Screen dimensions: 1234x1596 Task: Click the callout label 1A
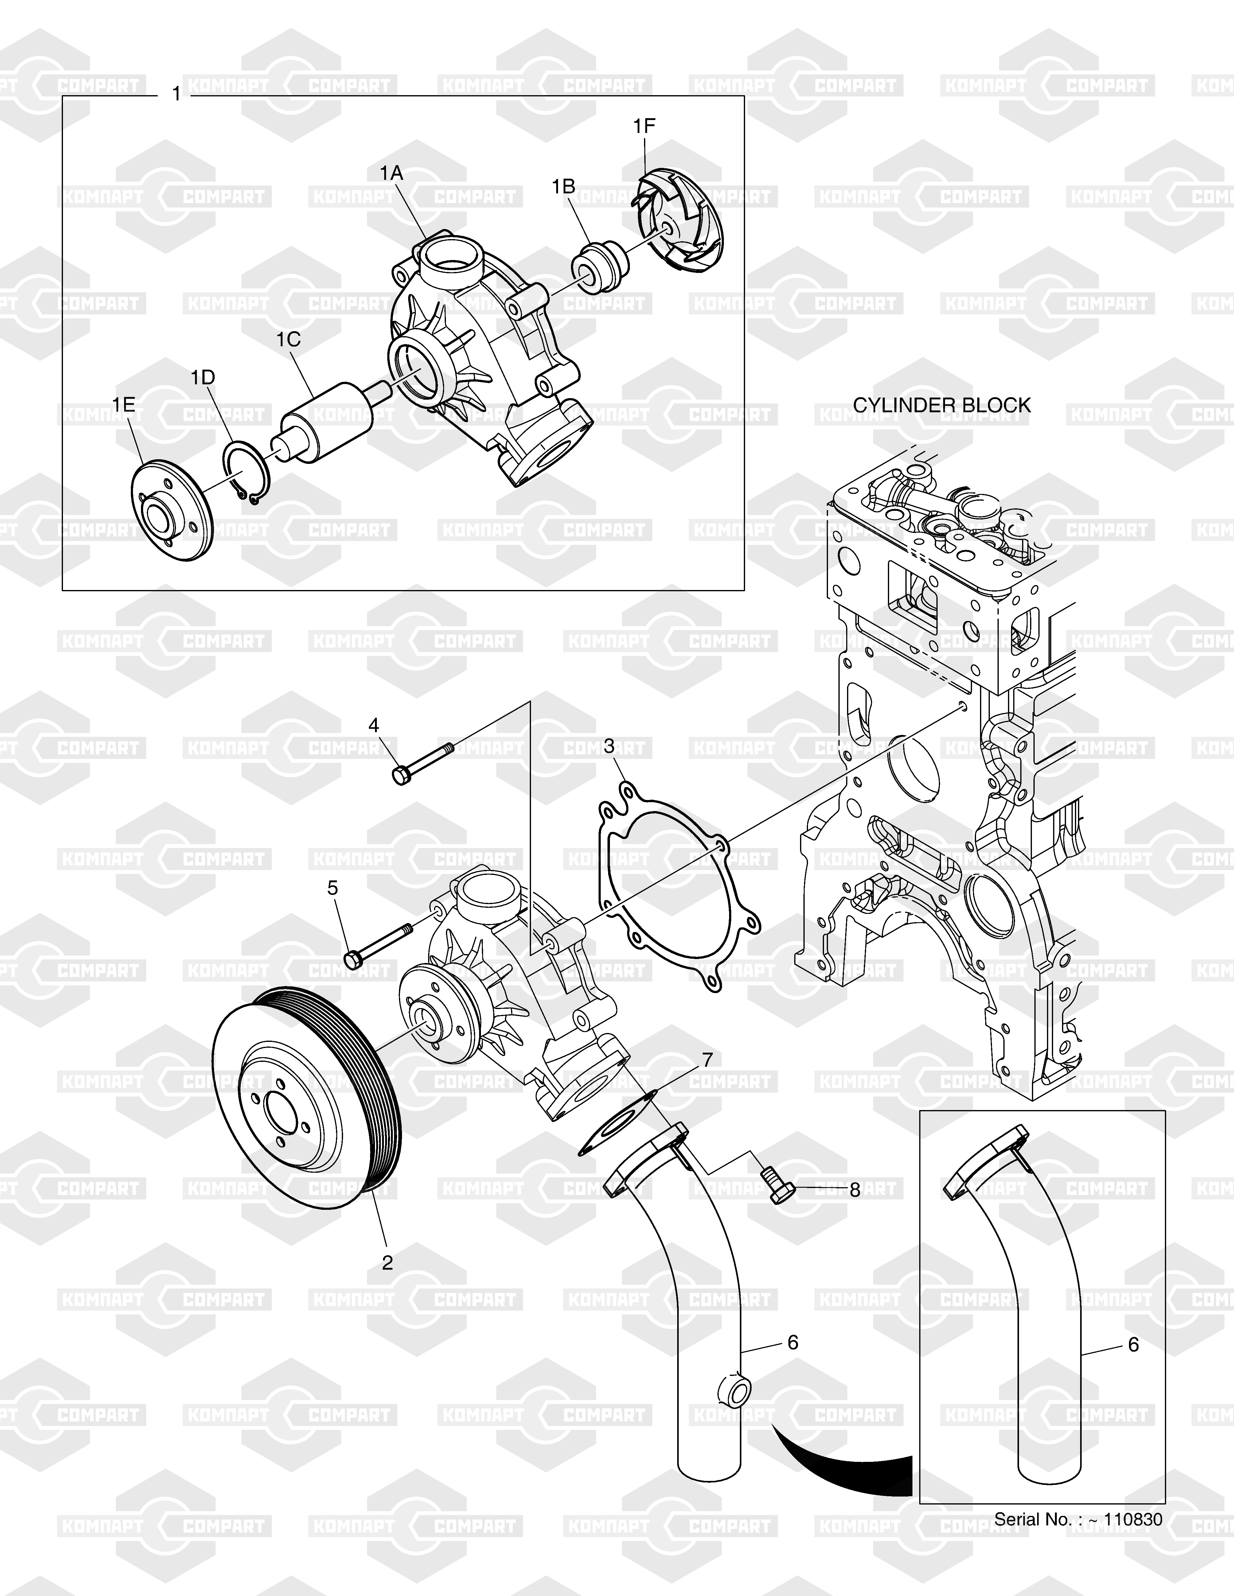(x=391, y=173)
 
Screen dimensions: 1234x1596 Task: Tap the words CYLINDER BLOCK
(x=942, y=406)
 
